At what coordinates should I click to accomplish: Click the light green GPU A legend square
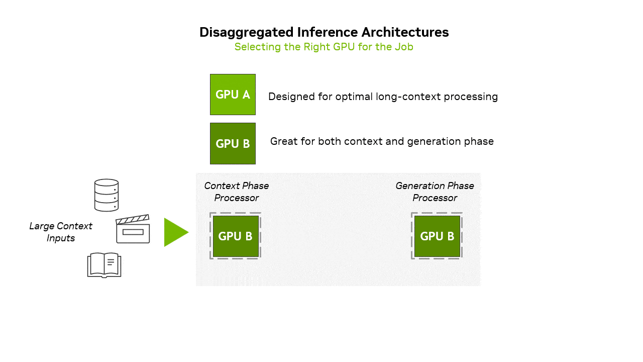click(x=233, y=95)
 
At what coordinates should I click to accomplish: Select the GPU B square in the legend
click(x=233, y=143)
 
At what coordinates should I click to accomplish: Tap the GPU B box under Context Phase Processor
click(x=236, y=236)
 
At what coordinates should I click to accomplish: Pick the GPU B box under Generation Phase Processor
click(x=437, y=236)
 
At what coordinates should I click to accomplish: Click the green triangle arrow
click(x=175, y=232)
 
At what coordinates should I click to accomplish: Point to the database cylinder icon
click(x=106, y=195)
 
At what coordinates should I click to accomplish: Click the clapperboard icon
click(x=133, y=229)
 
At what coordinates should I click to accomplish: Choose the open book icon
click(x=104, y=265)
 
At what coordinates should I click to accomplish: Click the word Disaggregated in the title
click(x=243, y=32)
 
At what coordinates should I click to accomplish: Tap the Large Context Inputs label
click(x=61, y=232)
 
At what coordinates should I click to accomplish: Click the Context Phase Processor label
click(x=236, y=192)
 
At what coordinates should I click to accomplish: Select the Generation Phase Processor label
click(x=435, y=192)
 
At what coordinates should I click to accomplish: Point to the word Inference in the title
click(x=325, y=32)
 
